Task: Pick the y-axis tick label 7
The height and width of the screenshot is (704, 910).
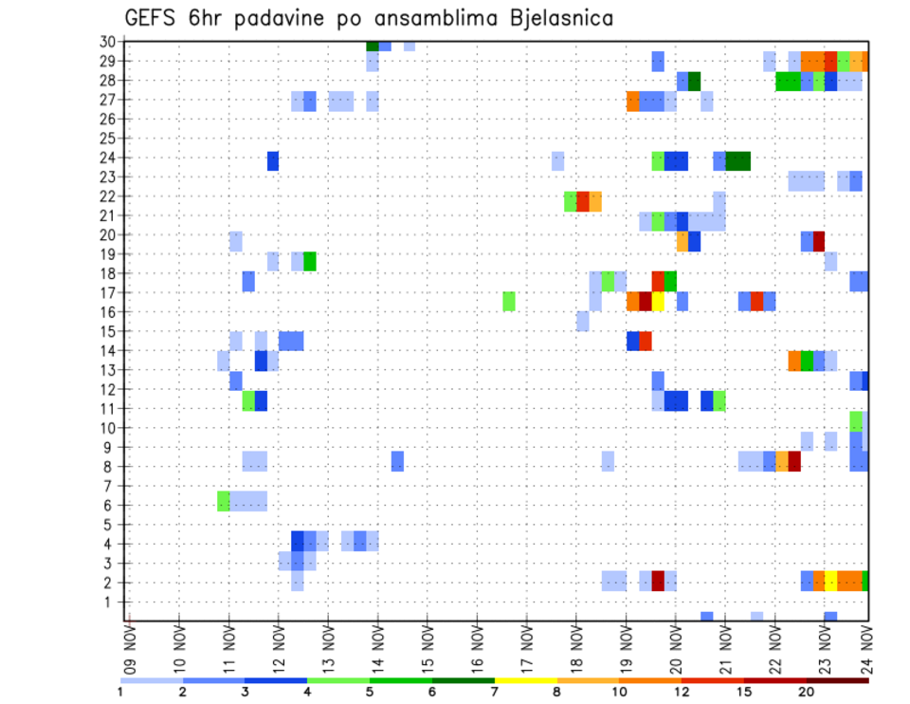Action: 110,486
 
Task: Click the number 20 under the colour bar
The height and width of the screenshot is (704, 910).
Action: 807,691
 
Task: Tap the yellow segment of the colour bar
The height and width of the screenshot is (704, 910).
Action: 525,679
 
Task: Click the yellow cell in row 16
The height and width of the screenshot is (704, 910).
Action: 658,302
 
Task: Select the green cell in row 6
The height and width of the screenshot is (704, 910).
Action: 224,500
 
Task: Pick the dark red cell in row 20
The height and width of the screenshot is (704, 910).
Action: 819,241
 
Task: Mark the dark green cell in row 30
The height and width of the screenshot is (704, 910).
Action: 373,46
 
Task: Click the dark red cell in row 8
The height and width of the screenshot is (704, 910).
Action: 794,461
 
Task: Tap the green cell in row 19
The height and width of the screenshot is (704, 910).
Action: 309,261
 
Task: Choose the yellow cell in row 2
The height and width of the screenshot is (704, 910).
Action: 831,581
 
